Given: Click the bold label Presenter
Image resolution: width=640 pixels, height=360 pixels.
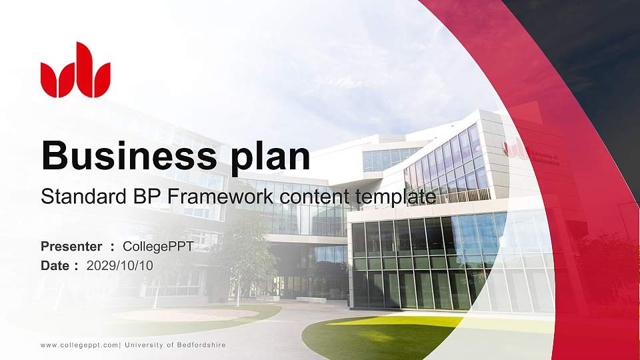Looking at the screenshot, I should point(71,247).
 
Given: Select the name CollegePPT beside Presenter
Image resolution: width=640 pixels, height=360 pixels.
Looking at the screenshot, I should point(158,247).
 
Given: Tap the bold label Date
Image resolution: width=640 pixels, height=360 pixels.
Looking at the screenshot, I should point(56,265).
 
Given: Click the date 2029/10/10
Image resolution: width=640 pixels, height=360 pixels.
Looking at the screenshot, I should point(120,265).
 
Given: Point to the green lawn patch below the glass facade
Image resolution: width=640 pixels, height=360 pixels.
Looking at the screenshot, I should point(373,337).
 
